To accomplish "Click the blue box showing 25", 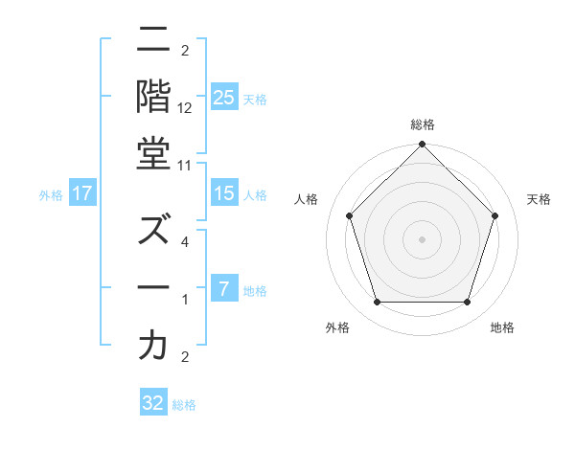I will point(224,98).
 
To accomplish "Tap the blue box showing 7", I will point(224,290).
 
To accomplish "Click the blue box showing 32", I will point(153,403).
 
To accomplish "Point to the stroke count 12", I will point(185,107).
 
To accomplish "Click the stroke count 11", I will point(185,165).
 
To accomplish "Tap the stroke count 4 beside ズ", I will point(184,242).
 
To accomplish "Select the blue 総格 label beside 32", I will point(184,405).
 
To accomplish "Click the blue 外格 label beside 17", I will point(51,195).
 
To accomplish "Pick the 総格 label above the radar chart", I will point(422,124).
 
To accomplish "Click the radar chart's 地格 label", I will point(502,327).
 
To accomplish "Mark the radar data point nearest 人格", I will point(350,216).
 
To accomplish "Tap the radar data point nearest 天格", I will point(494,215).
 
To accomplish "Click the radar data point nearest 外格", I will point(377,303).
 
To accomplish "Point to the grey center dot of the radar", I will point(422,239).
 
